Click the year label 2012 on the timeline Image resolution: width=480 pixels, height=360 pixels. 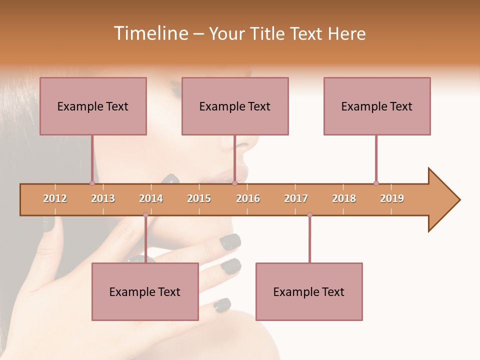[x=55, y=198]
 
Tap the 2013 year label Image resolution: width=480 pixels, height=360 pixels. [x=103, y=198]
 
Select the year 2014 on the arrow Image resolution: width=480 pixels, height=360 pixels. [x=151, y=198]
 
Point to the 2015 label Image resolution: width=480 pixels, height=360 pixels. [x=199, y=198]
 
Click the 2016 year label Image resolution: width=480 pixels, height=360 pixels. [x=248, y=198]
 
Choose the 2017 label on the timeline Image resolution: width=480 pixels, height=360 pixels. [x=296, y=198]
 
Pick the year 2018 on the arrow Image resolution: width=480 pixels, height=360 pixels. [x=344, y=198]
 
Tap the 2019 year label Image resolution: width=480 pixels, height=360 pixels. [x=392, y=198]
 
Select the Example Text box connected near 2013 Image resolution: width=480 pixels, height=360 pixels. [x=93, y=106]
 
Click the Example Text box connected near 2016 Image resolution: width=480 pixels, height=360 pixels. [x=235, y=106]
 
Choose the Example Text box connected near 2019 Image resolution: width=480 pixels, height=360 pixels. [x=377, y=106]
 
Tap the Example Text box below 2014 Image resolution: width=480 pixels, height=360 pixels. [x=145, y=291]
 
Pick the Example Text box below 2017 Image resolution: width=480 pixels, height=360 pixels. [x=309, y=291]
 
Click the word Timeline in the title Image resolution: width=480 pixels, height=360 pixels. [x=150, y=33]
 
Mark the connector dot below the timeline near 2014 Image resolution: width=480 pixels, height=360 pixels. [x=145, y=215]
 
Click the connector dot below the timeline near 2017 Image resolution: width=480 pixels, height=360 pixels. [x=309, y=215]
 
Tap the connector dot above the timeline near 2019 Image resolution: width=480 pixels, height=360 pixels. [x=376, y=183]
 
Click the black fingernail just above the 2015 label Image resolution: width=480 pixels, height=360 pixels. [x=171, y=178]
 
